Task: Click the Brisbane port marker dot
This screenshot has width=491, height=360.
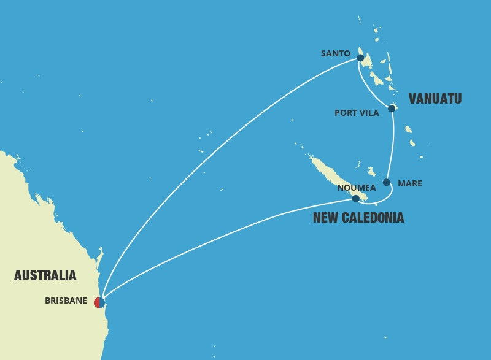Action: pyautogui.click(x=99, y=302)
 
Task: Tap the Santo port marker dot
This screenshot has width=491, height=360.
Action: pyautogui.click(x=360, y=58)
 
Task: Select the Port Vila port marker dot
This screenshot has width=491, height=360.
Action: pyautogui.click(x=392, y=109)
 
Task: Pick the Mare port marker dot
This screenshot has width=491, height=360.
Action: pyautogui.click(x=386, y=182)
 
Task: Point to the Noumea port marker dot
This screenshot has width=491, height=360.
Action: pyautogui.click(x=355, y=199)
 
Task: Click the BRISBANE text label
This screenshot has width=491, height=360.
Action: pyautogui.click(x=66, y=301)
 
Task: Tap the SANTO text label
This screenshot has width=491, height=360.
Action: pyautogui.click(x=335, y=53)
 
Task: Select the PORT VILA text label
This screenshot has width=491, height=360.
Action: pyautogui.click(x=357, y=113)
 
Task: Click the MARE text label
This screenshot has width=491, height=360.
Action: pyautogui.click(x=409, y=183)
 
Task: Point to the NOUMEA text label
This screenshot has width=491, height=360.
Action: pyautogui.click(x=356, y=188)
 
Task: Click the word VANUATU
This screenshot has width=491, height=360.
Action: pyautogui.click(x=435, y=99)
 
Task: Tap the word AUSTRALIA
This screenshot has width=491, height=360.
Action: pyautogui.click(x=45, y=275)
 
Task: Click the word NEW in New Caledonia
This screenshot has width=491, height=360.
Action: pyautogui.click(x=325, y=218)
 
